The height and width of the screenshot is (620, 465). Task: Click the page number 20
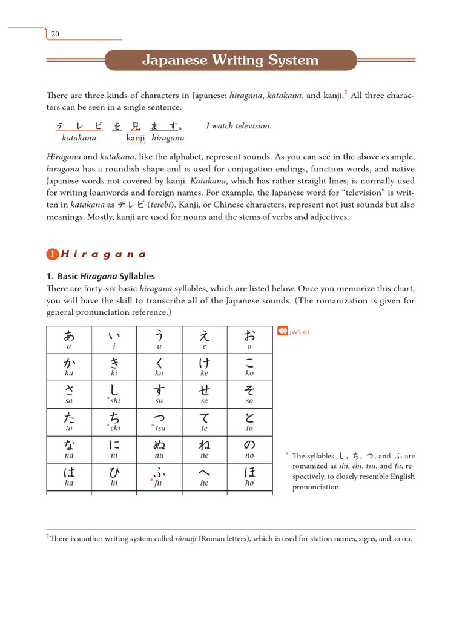tap(54, 34)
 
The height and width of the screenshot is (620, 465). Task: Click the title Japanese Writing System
tap(230, 60)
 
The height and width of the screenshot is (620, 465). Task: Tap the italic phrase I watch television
tap(239, 126)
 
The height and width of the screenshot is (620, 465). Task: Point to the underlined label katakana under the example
tap(79, 138)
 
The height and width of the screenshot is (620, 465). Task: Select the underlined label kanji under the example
tap(136, 138)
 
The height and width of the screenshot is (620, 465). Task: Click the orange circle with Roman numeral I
tap(53, 254)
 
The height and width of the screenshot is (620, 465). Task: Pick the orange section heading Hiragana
tap(103, 254)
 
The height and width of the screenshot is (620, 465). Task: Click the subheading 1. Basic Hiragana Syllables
tap(101, 276)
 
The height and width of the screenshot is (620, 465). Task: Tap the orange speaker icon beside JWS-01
tap(282, 331)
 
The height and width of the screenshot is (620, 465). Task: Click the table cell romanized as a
tap(69, 340)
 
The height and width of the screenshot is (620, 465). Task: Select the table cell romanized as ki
tap(114, 367)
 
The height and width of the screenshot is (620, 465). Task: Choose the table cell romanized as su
tap(159, 394)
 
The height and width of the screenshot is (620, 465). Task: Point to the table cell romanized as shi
tap(114, 394)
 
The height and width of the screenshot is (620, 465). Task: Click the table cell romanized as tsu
tap(159, 421)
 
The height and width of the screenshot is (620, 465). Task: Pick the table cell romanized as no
tap(249, 449)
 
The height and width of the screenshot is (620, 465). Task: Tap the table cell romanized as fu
tap(159, 477)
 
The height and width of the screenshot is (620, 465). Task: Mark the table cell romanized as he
tap(205, 477)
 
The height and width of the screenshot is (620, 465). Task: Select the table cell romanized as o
tap(249, 340)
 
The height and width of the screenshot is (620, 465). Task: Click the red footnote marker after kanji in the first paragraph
tap(345, 93)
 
